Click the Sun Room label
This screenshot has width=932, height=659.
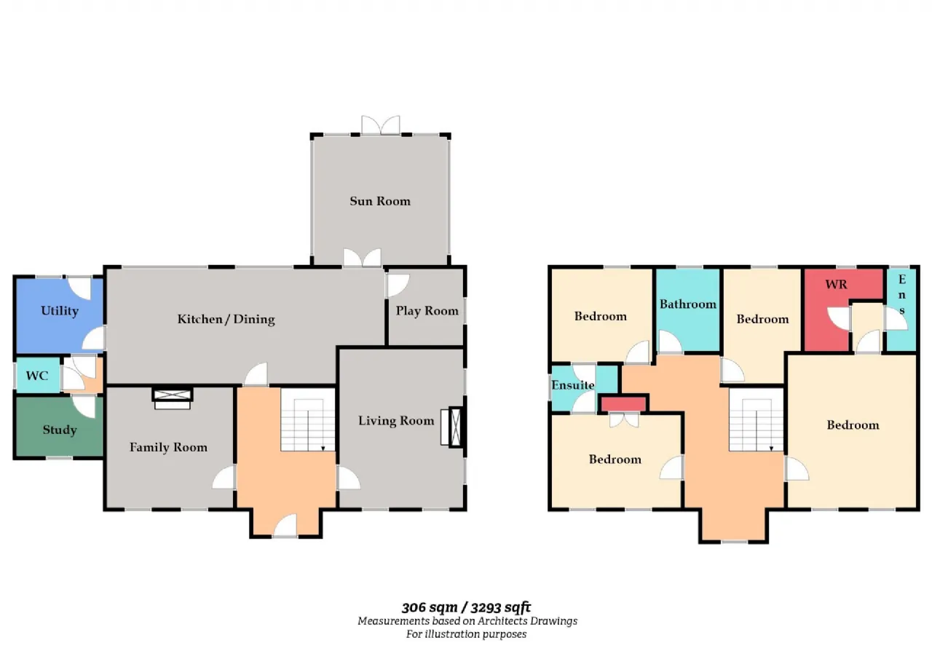380,202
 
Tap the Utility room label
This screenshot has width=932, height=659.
60,311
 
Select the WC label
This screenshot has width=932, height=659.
37,376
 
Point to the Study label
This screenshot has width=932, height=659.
60,430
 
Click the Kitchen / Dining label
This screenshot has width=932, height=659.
226,320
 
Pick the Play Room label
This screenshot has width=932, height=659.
427,311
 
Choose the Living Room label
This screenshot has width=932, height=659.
396,421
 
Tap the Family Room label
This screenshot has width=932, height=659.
168,448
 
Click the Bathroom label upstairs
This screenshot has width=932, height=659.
688,304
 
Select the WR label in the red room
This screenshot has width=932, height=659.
836,285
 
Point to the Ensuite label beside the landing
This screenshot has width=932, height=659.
572,385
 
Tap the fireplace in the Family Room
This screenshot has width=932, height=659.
173,399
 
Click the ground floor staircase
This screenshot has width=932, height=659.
308,419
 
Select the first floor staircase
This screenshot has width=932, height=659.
757,419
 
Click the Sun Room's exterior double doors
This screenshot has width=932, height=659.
381,125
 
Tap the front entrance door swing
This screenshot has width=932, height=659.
285,526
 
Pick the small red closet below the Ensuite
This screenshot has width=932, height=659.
623,404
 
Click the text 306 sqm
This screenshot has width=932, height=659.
430,608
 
